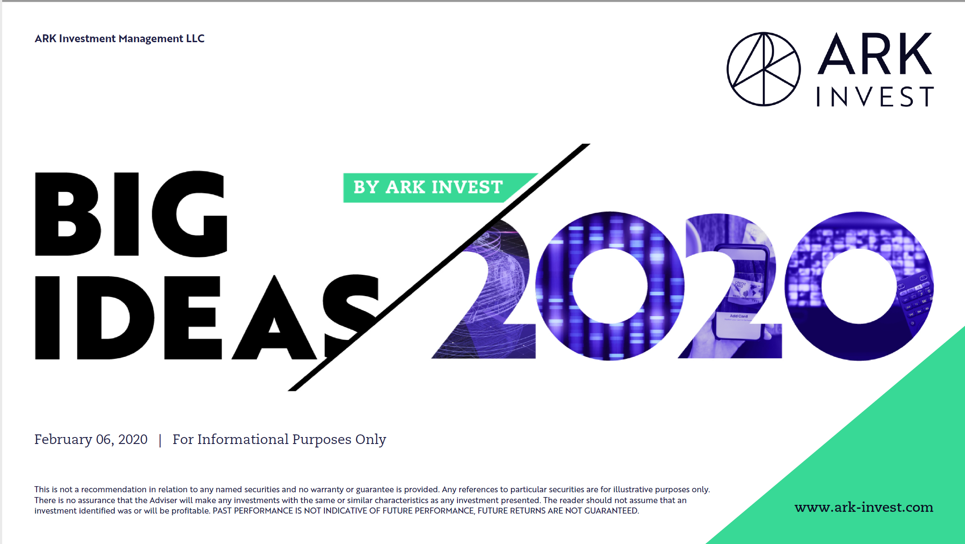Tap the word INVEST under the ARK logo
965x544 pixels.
(875, 97)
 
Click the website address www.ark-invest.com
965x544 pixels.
(864, 507)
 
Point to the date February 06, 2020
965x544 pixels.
(91, 440)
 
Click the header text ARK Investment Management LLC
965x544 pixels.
(120, 38)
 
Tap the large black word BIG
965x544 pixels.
(131, 214)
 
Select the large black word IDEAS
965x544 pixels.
(207, 317)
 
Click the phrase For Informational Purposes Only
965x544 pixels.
(279, 440)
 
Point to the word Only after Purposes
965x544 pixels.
(371, 440)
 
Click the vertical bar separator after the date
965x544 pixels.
(160, 440)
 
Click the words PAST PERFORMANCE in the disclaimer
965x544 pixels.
(253, 511)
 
